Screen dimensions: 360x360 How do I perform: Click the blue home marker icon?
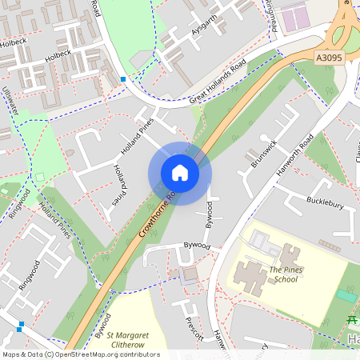point(179,173)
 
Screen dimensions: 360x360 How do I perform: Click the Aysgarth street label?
point(204,26)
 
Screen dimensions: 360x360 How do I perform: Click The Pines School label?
point(283,275)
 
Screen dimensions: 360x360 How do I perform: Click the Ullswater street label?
point(10,99)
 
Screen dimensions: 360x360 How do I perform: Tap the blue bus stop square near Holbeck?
point(122,79)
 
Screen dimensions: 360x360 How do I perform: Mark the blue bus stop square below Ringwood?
point(20,326)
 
